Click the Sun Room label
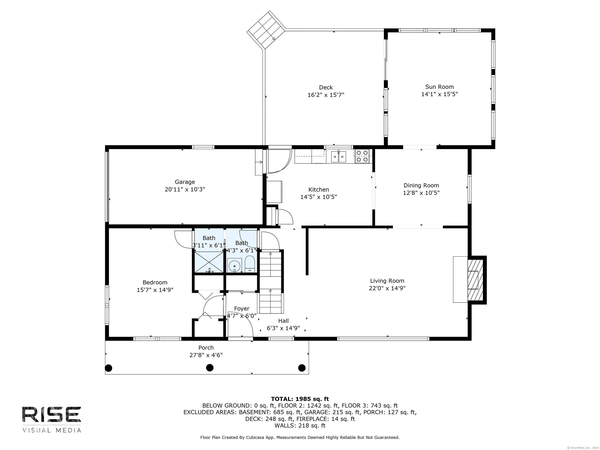click(439, 87)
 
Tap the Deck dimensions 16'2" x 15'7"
click(326, 95)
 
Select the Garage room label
click(185, 182)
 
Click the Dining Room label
click(421, 186)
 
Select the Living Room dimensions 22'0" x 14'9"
click(387, 288)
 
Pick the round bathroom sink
click(234, 266)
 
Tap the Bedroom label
click(155, 282)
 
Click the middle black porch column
click(210, 368)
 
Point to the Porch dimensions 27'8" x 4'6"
click(206, 355)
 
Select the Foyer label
click(242, 309)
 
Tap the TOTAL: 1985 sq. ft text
click(300, 399)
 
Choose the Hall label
click(283, 321)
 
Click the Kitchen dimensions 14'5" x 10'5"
click(319, 197)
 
